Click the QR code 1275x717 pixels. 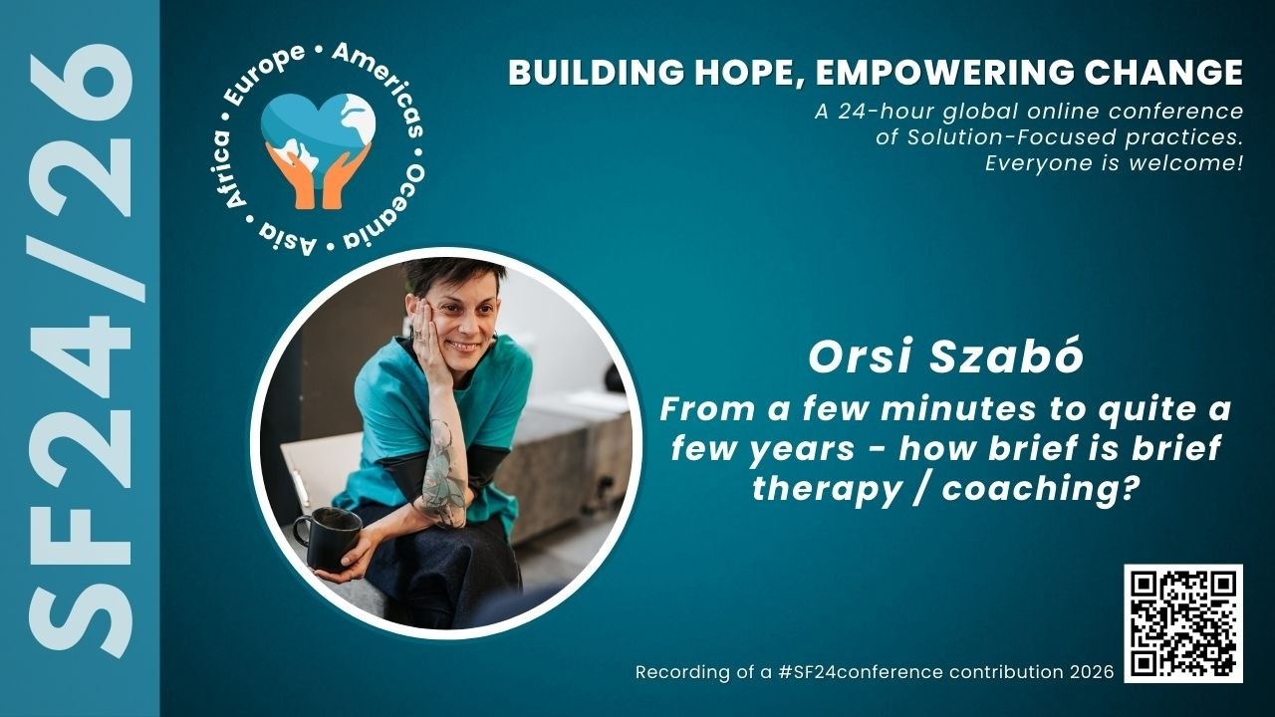[1183, 623]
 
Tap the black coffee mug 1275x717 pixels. [328, 538]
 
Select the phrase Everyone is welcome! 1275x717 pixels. [1114, 162]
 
